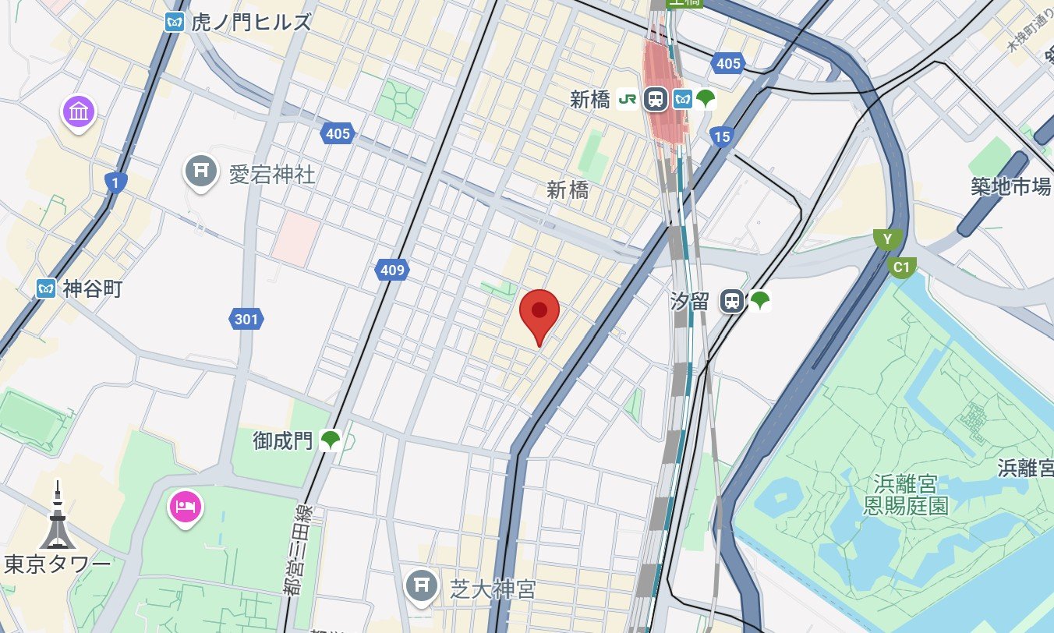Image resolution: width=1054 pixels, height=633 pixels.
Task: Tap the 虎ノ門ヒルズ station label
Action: [x=250, y=22]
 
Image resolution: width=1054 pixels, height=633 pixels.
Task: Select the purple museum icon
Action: [x=80, y=111]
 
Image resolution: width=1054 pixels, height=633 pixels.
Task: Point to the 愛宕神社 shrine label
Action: [x=271, y=174]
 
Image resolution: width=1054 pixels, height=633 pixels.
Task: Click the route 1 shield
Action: [x=115, y=183]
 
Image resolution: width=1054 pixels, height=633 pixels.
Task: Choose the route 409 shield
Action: [x=391, y=271]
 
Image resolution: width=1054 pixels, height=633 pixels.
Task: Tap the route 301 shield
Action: [x=246, y=318]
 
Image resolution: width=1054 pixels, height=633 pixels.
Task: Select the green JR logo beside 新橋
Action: [x=627, y=99]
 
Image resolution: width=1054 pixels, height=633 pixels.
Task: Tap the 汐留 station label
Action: [x=690, y=301]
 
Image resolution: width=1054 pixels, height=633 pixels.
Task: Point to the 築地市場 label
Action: [x=1010, y=186]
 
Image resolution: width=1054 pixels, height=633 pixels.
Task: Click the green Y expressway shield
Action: [x=886, y=239]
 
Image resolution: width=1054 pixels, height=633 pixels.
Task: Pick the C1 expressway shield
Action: [x=902, y=267]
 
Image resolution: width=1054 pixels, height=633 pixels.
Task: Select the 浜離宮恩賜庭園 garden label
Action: [x=906, y=495]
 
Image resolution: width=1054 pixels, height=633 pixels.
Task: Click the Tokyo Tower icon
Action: [x=56, y=518]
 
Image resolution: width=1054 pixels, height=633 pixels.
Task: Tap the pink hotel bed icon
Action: [x=185, y=505]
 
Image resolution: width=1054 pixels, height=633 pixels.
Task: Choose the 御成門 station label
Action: [x=283, y=441]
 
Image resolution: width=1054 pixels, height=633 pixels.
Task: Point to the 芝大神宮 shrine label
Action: [x=492, y=589]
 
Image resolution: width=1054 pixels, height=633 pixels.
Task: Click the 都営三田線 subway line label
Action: [x=299, y=550]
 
